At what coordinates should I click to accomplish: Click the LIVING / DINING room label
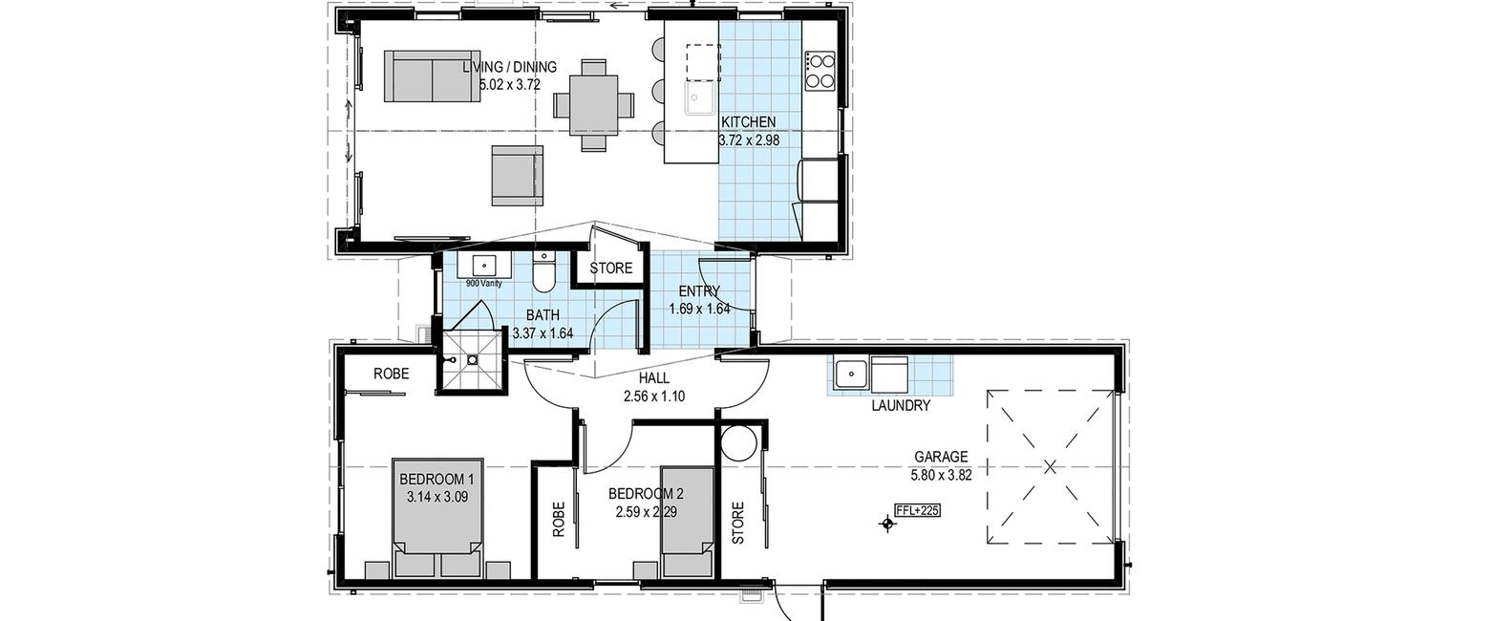coord(509,67)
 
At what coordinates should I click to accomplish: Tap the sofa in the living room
coord(432,76)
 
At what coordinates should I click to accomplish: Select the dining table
coord(593,105)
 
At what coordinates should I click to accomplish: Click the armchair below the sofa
coord(516,176)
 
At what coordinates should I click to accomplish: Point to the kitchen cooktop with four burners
coord(820,71)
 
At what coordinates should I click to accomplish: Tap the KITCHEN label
coord(748,122)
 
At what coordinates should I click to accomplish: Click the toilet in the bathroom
coord(544,272)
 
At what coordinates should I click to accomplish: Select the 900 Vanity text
coord(483,284)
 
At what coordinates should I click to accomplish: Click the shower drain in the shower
coord(472,360)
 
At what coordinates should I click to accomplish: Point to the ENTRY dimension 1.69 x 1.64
coord(699,309)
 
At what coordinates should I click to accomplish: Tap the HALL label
coord(654,378)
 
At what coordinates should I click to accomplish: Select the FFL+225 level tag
coord(918,510)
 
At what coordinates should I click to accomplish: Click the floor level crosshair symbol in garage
coord(887,525)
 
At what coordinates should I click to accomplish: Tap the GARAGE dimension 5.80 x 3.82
coord(941,475)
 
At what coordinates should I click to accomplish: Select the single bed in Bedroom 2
coord(688,522)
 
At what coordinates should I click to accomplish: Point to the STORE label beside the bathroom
coord(610,268)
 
